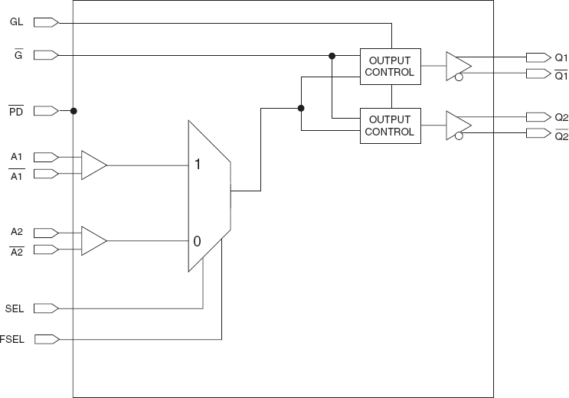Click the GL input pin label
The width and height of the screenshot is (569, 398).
click(x=16, y=22)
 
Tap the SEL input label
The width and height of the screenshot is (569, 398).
click(x=15, y=308)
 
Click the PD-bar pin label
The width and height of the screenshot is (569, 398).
click(x=16, y=112)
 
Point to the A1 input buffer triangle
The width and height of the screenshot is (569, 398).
click(x=93, y=165)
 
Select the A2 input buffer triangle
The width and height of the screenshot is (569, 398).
click(x=93, y=241)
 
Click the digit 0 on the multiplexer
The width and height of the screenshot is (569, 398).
click(x=197, y=241)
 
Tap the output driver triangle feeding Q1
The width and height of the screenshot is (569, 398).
click(x=458, y=67)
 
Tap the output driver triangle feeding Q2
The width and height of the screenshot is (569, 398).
click(x=458, y=126)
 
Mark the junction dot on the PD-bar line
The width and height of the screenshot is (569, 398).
click(x=74, y=111)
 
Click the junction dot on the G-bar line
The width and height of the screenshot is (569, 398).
click(x=332, y=55)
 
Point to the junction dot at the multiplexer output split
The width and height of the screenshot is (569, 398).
click(x=301, y=108)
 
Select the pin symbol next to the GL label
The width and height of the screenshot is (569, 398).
click(x=46, y=22)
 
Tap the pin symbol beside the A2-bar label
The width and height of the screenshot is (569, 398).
click(x=46, y=250)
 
